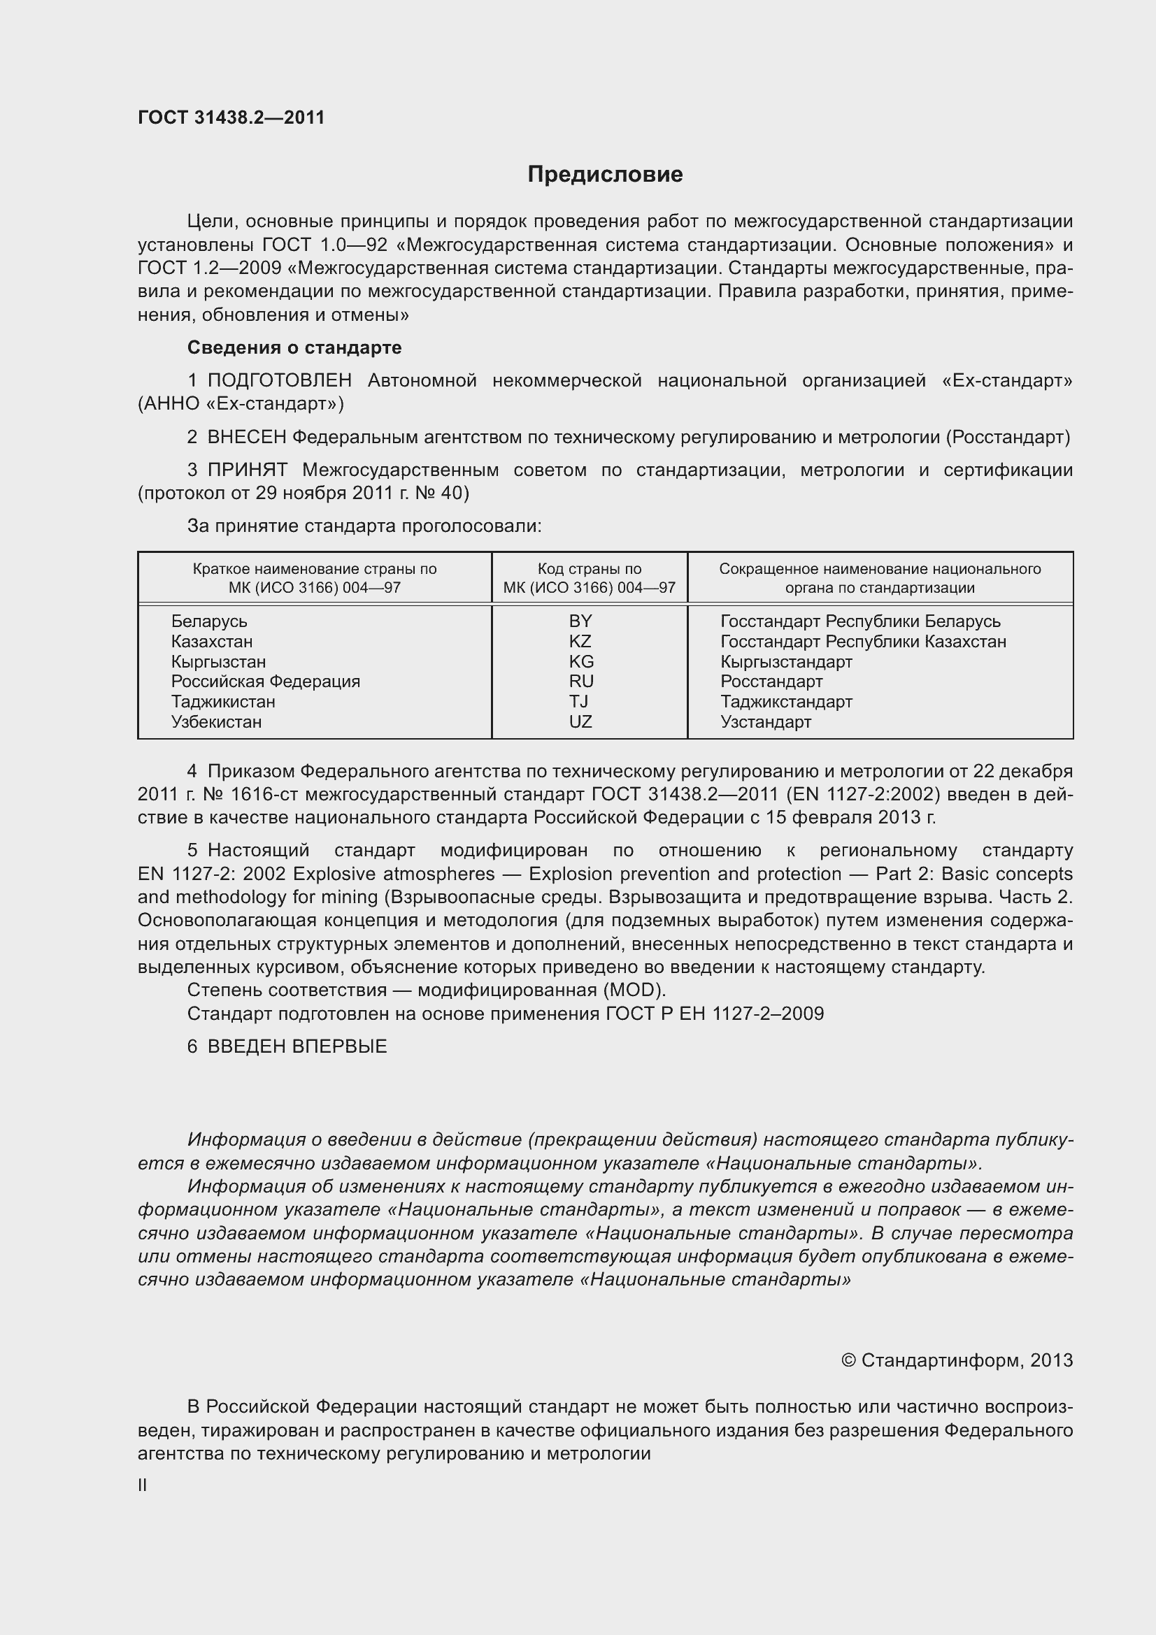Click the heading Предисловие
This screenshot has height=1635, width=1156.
pyautogui.click(x=605, y=175)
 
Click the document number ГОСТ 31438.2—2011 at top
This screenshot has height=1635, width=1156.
pyautogui.click(x=231, y=117)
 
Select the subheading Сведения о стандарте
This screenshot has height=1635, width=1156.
pyautogui.click(x=294, y=347)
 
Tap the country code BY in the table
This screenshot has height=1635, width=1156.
pyautogui.click(x=580, y=621)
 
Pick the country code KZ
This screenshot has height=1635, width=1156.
pyautogui.click(x=580, y=641)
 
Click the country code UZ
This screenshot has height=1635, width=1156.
pyautogui.click(x=580, y=721)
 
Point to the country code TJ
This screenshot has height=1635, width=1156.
pyautogui.click(x=578, y=701)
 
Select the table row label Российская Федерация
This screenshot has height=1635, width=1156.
pyautogui.click(x=266, y=682)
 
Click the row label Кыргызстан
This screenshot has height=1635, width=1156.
pyautogui.click(x=219, y=661)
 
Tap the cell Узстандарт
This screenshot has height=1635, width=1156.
pyautogui.click(x=766, y=722)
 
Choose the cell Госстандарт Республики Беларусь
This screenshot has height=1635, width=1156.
pyautogui.click(x=860, y=621)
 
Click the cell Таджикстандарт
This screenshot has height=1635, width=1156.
pyautogui.click(x=786, y=701)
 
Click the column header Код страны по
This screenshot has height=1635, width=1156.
pyautogui.click(x=589, y=569)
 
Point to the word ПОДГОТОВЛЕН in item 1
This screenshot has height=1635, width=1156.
pyautogui.click(x=279, y=381)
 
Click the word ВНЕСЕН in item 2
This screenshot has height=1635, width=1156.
pyautogui.click(x=246, y=437)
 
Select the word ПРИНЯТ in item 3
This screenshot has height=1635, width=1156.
pyautogui.click(x=248, y=470)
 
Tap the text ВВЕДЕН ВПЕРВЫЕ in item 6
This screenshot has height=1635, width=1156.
pyautogui.click(x=297, y=1046)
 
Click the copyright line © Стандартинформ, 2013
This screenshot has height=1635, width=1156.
pyautogui.click(x=957, y=1360)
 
